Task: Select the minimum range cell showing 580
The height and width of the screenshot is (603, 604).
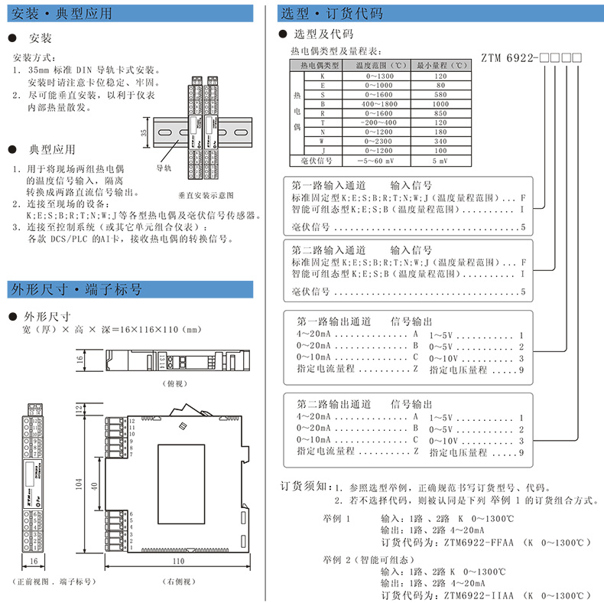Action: pos(440,93)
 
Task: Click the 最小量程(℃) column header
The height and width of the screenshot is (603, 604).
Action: pos(440,66)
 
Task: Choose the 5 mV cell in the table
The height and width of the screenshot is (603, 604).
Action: pos(440,161)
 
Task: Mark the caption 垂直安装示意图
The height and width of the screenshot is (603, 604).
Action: pos(206,195)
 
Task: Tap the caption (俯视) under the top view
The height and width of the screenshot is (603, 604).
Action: pos(175,382)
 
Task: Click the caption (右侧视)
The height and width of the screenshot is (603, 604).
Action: pos(165,582)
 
